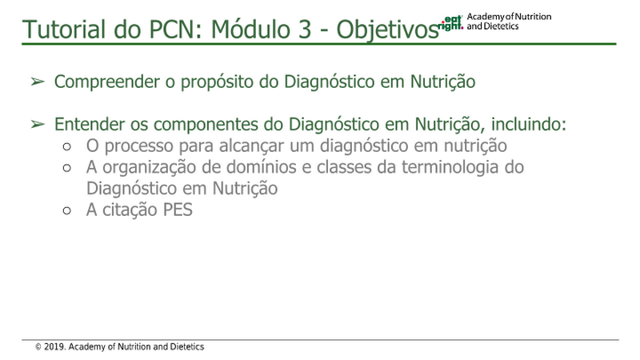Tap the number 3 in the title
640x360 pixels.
305,30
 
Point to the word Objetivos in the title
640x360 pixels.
387,30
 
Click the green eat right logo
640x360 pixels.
450,23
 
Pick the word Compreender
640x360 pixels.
107,82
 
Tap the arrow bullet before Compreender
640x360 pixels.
38,82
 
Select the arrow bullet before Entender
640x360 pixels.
38,124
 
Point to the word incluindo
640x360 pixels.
529,124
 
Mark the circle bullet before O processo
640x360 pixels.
67,146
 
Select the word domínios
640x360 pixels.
262,167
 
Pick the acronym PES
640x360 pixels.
178,210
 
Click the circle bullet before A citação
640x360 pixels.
67,210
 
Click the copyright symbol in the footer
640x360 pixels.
38,347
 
